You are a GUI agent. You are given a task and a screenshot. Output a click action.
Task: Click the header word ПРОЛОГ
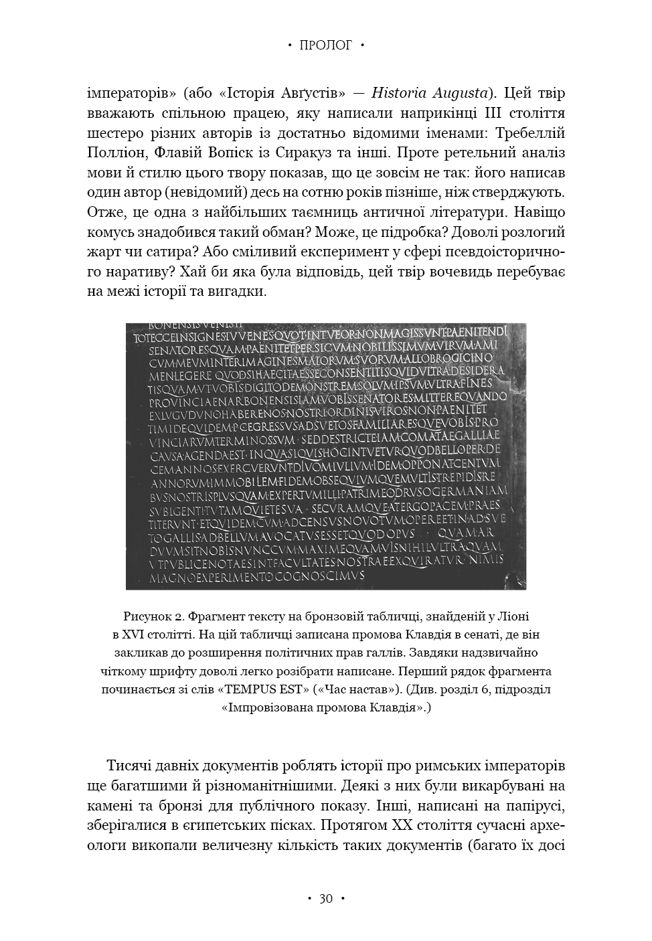pos(325,46)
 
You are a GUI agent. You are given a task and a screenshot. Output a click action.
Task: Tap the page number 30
pos(325,899)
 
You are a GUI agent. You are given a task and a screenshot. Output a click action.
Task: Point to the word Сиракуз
pos(288,153)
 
